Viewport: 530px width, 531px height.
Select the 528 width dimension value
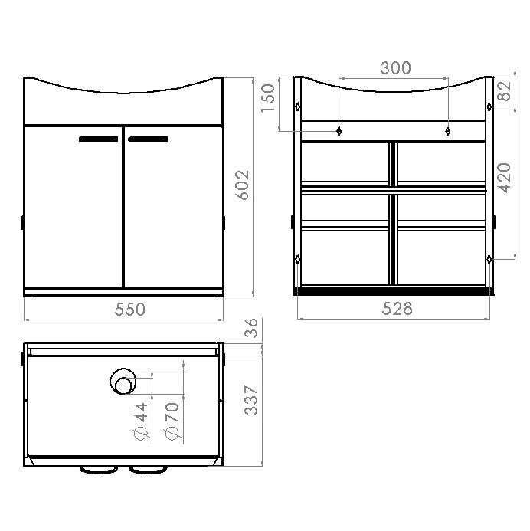pos(396,309)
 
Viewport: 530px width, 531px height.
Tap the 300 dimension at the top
pos(395,68)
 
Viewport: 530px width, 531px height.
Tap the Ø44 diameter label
pos(139,422)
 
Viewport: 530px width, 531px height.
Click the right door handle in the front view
pos(148,139)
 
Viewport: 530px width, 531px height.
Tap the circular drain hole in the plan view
pos(123,381)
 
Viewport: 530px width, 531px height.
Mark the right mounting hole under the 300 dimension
pos(447,131)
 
